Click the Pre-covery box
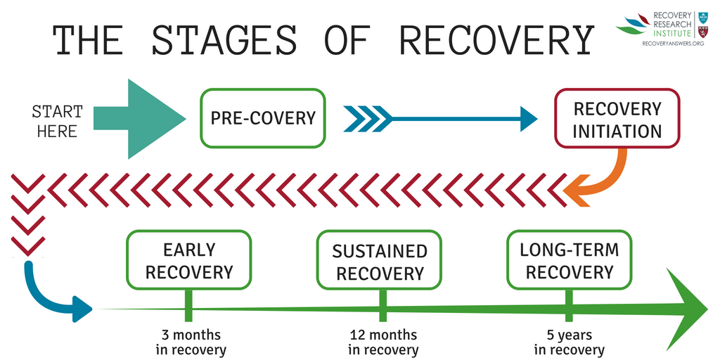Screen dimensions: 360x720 [263, 118]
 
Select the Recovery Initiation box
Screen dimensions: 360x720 [617, 119]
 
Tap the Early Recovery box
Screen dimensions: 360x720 [188, 261]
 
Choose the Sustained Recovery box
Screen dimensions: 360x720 [379, 261]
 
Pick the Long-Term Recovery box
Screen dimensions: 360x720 [569, 260]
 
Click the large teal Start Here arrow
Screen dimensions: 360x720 [141, 119]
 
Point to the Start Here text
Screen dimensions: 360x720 [57, 121]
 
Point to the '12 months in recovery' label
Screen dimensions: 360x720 [383, 342]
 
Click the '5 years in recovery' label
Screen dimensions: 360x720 [569, 342]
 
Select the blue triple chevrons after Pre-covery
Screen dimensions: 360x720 [367, 119]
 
